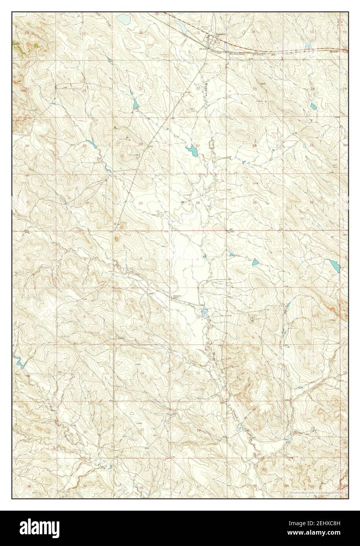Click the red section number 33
click(141, 203)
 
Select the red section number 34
click(198, 203)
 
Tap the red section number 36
click(311, 203)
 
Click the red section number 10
click(198, 316)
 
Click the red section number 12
click(313, 316)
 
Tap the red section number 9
click(141, 316)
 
